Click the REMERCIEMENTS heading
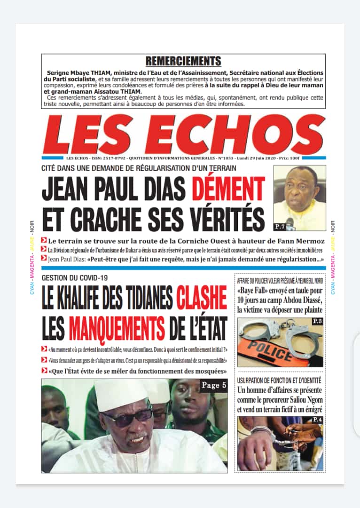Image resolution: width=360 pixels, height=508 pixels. point(183,61)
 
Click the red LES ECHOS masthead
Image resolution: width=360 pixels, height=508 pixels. point(183,135)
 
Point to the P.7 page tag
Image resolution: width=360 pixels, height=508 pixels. point(280,227)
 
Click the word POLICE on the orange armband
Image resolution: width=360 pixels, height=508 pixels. point(270,352)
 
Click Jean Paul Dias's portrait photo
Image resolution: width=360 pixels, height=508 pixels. point(299,197)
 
